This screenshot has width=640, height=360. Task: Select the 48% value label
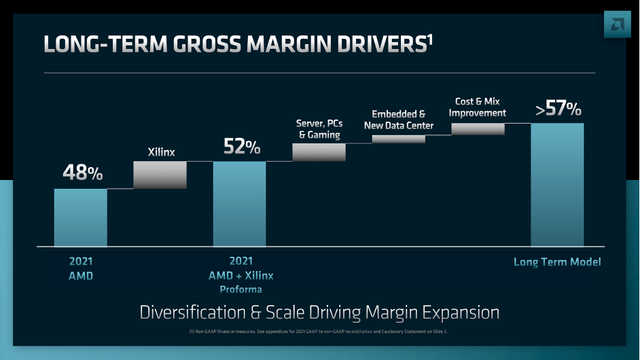(82, 173)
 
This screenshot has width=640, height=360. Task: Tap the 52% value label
(242, 146)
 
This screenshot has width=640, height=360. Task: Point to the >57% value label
(558, 109)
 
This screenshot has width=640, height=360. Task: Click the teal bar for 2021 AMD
(81, 217)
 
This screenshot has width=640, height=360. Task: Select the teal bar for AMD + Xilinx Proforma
(239, 204)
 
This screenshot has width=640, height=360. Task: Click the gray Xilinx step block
(160, 175)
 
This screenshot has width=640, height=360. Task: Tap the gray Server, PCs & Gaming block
(319, 152)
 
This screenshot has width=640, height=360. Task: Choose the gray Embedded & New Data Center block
(399, 139)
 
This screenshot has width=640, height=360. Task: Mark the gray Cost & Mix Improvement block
(478, 129)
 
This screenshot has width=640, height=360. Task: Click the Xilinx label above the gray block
(161, 152)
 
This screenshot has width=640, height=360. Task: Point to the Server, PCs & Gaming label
(319, 129)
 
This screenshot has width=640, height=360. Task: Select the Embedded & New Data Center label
(399, 120)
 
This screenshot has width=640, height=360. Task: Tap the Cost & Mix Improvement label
(478, 107)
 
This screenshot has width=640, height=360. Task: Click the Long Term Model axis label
(557, 262)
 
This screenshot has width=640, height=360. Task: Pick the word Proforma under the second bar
(241, 289)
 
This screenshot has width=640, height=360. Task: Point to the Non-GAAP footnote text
(319, 331)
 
